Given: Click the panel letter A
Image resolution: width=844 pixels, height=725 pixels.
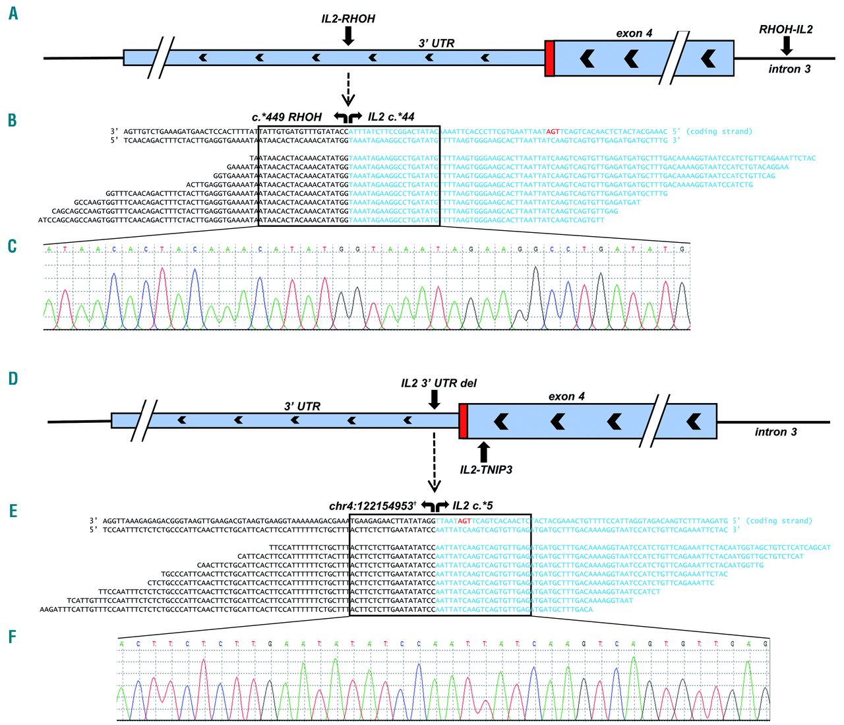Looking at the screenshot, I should click(x=13, y=13).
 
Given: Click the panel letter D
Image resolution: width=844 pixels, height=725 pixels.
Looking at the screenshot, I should click(x=13, y=378).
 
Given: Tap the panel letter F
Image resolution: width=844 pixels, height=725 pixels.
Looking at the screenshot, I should click(x=13, y=637).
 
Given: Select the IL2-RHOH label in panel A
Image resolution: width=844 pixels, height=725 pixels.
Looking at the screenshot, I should click(x=348, y=18).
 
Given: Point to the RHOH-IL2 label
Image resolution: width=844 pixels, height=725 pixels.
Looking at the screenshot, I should click(x=786, y=29).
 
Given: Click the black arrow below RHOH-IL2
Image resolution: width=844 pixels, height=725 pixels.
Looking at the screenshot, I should click(x=786, y=46).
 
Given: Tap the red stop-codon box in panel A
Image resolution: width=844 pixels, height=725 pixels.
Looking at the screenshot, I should click(x=549, y=58).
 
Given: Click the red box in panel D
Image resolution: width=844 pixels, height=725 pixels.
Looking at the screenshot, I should click(x=463, y=421).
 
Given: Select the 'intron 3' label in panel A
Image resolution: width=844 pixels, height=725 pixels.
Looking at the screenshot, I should click(x=789, y=69).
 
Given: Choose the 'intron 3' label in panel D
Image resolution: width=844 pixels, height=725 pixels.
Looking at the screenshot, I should click(x=775, y=432).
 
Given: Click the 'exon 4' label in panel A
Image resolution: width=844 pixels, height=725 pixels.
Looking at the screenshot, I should click(x=634, y=33).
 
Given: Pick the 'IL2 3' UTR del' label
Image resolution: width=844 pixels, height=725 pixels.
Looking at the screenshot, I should click(x=438, y=383).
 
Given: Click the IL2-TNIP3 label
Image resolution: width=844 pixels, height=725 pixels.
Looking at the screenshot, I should click(x=486, y=470).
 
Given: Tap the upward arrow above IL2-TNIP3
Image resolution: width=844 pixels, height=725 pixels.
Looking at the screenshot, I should click(x=484, y=451).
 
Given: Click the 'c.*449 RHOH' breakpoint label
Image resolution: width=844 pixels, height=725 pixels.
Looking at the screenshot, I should click(x=287, y=117).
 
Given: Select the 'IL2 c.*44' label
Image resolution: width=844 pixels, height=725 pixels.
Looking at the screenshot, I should click(x=391, y=117).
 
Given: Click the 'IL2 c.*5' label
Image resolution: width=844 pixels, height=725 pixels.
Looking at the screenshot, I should click(x=473, y=506).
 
